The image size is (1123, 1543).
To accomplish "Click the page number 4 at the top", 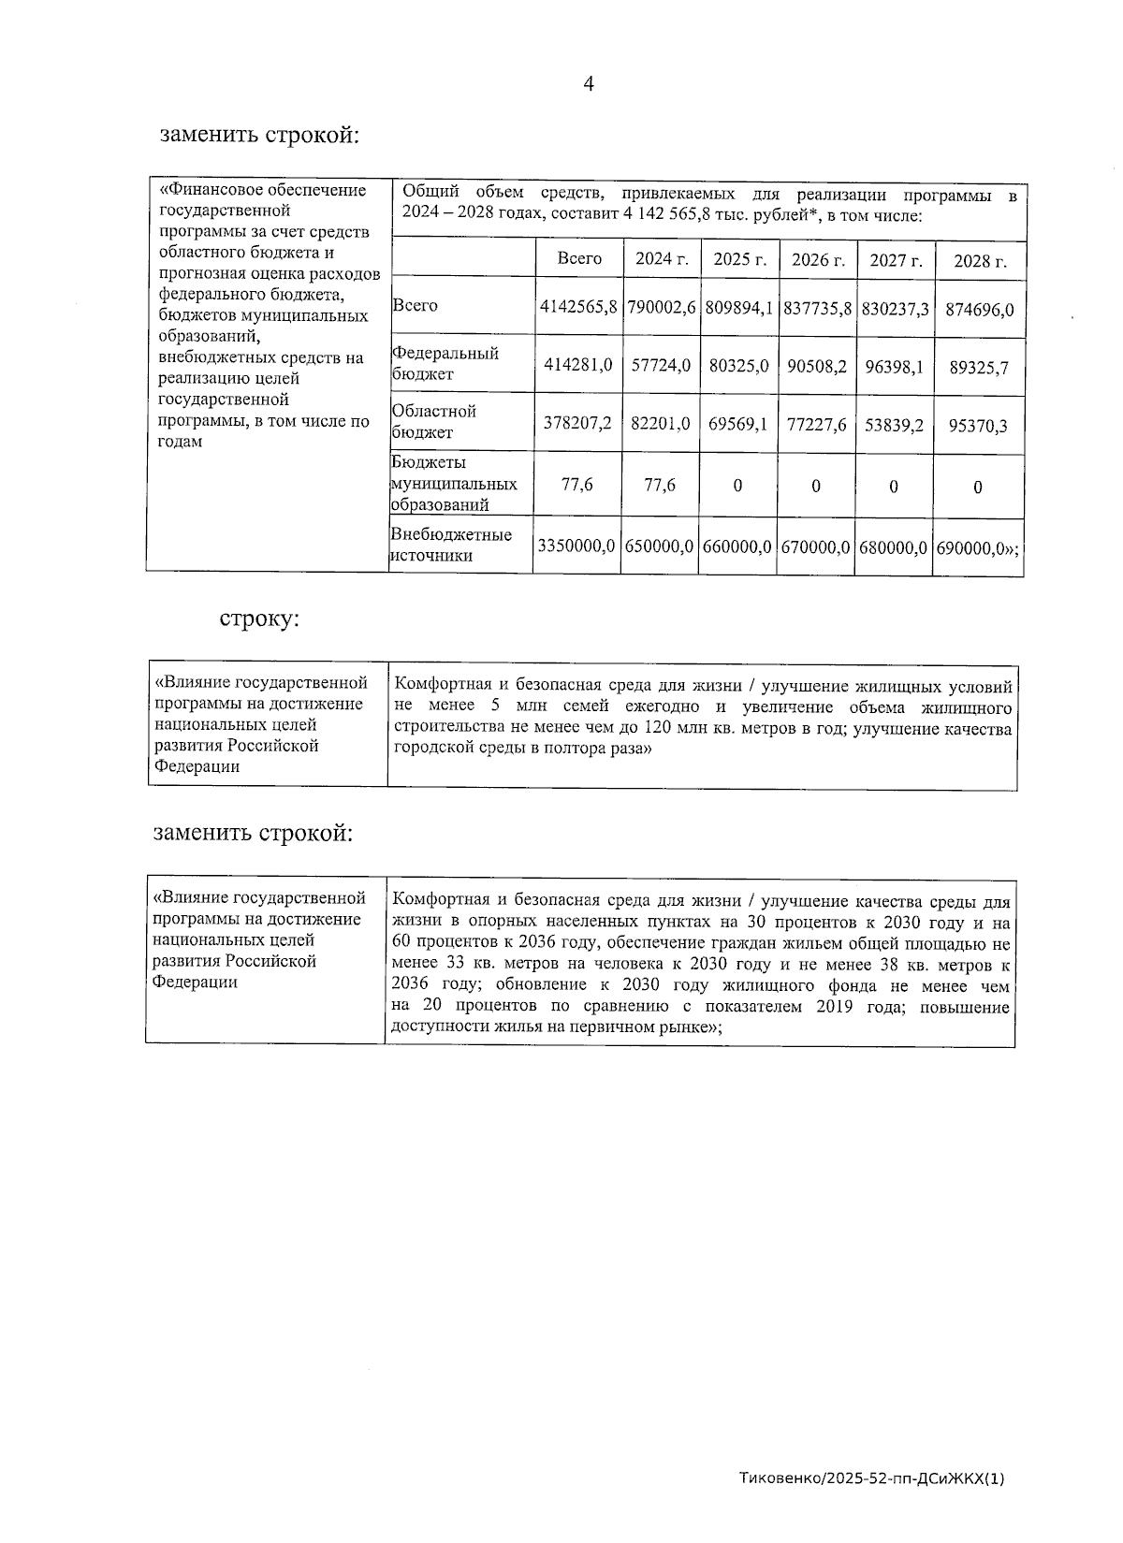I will click(589, 84).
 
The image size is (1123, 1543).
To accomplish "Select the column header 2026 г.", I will click(818, 259).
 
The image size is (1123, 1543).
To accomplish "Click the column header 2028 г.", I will click(980, 261).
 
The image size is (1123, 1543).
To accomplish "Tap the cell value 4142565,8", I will click(578, 307).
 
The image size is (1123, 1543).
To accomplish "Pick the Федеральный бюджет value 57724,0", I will click(661, 366).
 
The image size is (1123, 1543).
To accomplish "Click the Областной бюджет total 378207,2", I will click(578, 423).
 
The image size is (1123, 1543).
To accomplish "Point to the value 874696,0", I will click(981, 309).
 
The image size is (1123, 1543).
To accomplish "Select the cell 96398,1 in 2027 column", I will click(894, 367).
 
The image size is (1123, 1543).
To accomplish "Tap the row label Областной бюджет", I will click(433, 421).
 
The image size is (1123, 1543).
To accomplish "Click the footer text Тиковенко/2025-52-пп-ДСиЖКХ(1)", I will click(871, 1479).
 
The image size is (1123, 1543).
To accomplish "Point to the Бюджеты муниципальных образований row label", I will click(453, 484).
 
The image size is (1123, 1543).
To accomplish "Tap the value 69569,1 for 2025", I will click(737, 424).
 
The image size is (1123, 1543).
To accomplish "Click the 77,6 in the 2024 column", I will click(660, 485).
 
